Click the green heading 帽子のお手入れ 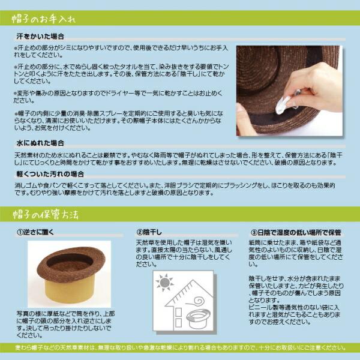[44, 19]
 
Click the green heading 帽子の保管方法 [46, 214]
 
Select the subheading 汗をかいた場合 [40, 36]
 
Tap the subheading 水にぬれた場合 [40, 143]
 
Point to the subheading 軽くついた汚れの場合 [50, 174]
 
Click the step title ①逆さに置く [35, 232]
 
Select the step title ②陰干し [149, 232]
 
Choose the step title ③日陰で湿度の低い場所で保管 [296, 233]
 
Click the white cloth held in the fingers [283, 105]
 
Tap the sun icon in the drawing [164, 283]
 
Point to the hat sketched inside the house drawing [197, 318]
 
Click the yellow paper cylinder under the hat [70, 290]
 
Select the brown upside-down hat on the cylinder [70, 264]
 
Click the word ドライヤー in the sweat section [120, 94]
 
